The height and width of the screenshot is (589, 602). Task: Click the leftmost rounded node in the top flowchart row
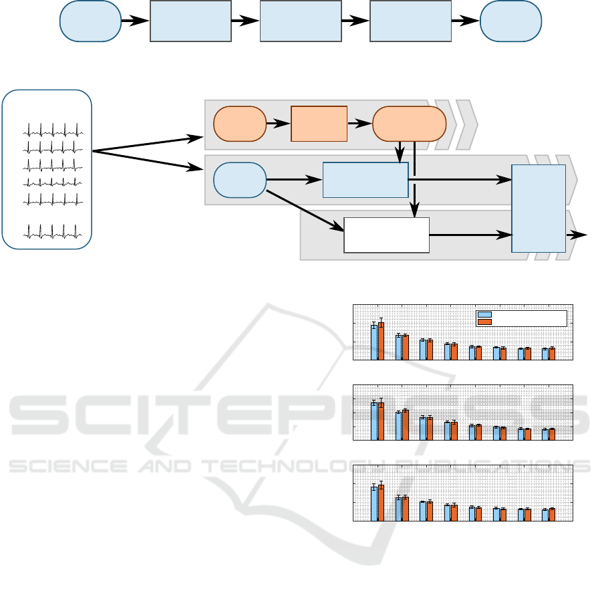pyautogui.click(x=90, y=21)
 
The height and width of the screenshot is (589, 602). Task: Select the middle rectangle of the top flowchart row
pyautogui.click(x=299, y=21)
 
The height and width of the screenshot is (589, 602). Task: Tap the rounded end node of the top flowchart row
pyautogui.click(x=510, y=21)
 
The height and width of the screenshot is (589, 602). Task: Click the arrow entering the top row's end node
pyautogui.click(x=465, y=21)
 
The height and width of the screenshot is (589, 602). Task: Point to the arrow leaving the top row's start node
pyautogui.click(x=136, y=21)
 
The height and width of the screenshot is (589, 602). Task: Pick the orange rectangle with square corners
pyautogui.click(x=319, y=124)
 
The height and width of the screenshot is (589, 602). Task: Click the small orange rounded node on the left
pyautogui.click(x=239, y=124)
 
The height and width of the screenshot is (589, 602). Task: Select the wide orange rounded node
pyautogui.click(x=408, y=124)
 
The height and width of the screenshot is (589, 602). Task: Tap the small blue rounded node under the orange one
pyautogui.click(x=239, y=180)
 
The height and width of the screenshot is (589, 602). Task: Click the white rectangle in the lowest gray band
pyautogui.click(x=386, y=235)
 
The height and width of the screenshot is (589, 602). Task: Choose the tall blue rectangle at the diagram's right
pyautogui.click(x=539, y=208)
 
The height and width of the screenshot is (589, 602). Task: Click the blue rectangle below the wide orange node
pyautogui.click(x=365, y=179)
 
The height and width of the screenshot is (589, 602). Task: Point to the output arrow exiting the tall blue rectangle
pyautogui.click(x=577, y=235)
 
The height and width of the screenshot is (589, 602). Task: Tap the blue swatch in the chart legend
pyautogui.click(x=485, y=314)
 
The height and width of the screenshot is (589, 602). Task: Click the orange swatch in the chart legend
pyautogui.click(x=485, y=322)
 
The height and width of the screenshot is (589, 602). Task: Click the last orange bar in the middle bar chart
pyautogui.click(x=552, y=434)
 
